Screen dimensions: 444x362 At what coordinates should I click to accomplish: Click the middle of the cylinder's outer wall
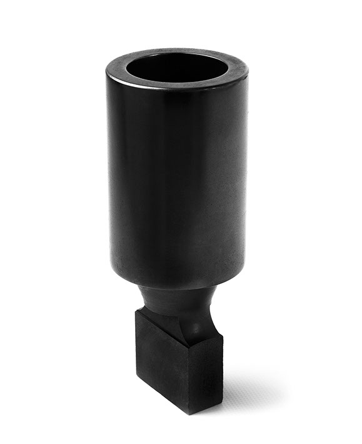pos(178,181)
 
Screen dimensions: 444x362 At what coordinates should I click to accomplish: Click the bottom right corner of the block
pos(222,394)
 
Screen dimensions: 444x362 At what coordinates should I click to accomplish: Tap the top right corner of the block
pos(223,338)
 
